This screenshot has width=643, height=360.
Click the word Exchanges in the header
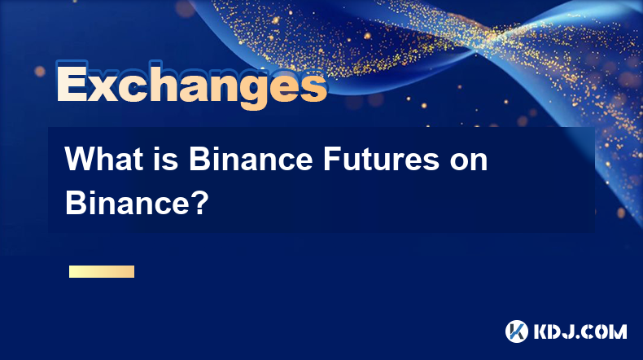pos(191,85)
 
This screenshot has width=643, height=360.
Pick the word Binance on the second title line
pos(128,203)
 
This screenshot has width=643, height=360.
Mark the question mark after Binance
pos(200,203)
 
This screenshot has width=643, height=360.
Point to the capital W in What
pos(81,159)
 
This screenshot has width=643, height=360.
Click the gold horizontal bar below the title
pos(102,271)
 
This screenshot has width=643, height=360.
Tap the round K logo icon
pos(516,331)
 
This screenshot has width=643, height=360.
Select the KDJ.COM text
pos(580,331)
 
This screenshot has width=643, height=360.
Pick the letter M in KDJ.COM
pos(618,331)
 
